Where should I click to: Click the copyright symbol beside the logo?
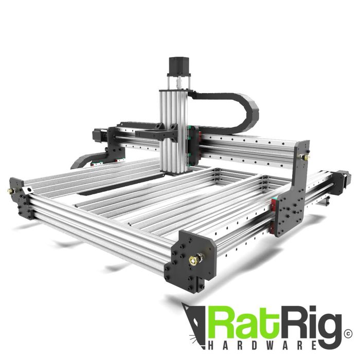tap(348, 334)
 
